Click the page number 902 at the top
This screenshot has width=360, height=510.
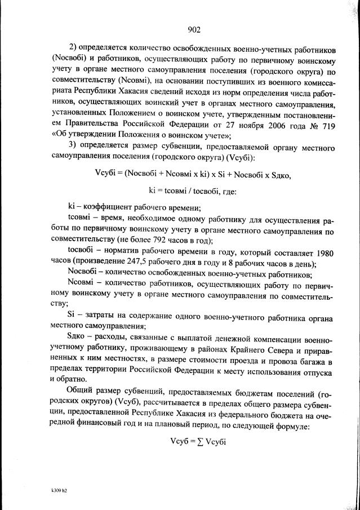coord(193,30)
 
